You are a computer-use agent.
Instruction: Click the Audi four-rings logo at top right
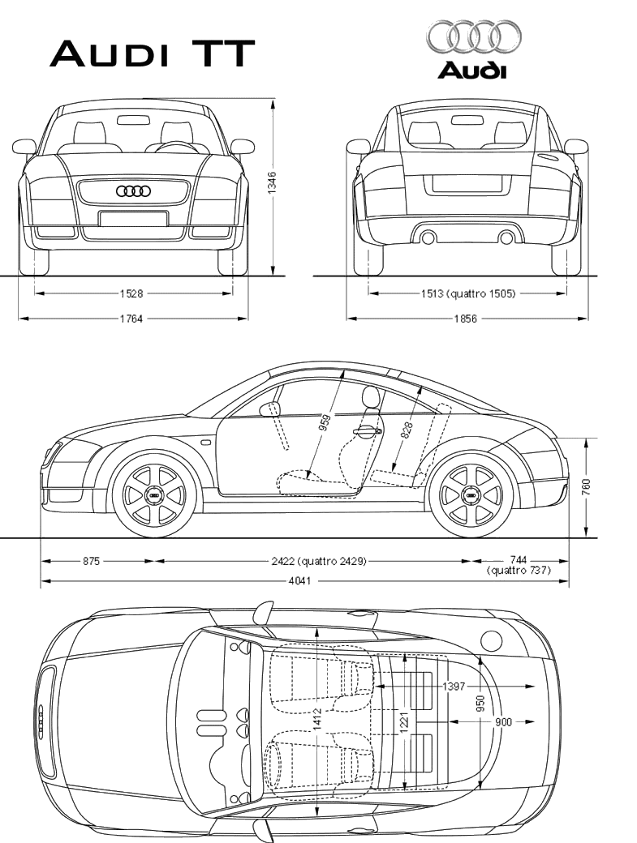474,37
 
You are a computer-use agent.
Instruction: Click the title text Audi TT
153,53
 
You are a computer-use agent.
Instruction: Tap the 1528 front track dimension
132,293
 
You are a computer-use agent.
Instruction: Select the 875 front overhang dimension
91,560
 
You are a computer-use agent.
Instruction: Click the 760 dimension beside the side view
586,487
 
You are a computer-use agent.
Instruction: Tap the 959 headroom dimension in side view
325,426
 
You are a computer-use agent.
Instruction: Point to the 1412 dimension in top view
317,717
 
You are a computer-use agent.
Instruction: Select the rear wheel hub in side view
471,494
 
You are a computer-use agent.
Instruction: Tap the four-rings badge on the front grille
133,191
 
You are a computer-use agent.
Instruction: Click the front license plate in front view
133,218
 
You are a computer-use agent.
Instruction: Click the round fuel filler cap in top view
491,640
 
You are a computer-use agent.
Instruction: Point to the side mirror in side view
269,409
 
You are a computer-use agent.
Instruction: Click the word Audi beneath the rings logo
472,70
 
